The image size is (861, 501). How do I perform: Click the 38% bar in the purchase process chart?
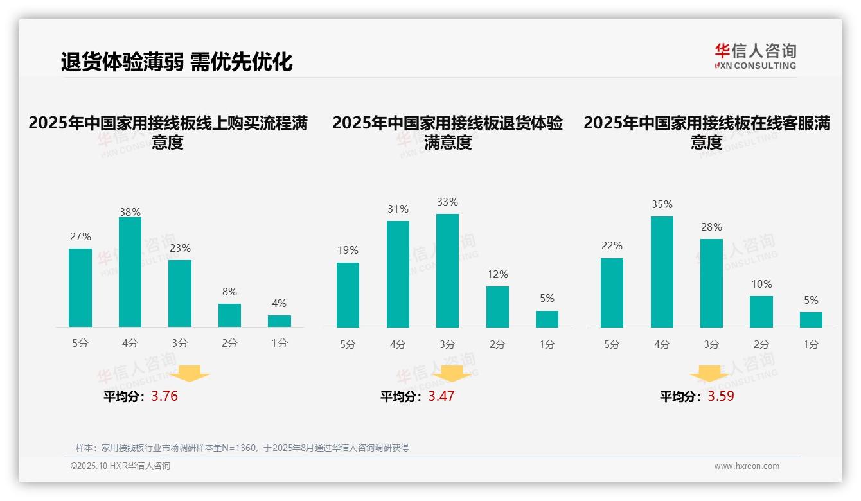[x=130, y=272]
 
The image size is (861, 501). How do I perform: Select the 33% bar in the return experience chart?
[x=447, y=270]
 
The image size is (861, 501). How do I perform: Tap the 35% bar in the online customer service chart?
[x=662, y=272]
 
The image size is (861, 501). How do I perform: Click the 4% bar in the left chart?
[x=280, y=321]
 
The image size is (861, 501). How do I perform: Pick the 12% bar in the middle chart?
[x=497, y=307]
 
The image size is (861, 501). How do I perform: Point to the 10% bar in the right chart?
[x=761, y=312]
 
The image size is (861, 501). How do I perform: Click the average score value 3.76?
[x=164, y=396]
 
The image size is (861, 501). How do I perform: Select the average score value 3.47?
[x=441, y=396]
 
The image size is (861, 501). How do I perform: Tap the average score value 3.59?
[x=721, y=396]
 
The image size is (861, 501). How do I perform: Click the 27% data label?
[x=80, y=237]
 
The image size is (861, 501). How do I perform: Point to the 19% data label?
[x=348, y=251]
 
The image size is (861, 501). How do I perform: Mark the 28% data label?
[x=711, y=227]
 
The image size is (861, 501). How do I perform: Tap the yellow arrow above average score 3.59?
[x=709, y=374]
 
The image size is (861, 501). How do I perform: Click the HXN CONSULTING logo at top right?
[x=755, y=57]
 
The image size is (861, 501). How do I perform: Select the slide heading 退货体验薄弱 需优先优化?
[x=177, y=62]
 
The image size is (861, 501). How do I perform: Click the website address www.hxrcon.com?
[x=747, y=466]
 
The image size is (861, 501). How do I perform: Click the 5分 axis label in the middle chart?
[x=348, y=345]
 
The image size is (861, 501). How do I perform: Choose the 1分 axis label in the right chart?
[x=811, y=345]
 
